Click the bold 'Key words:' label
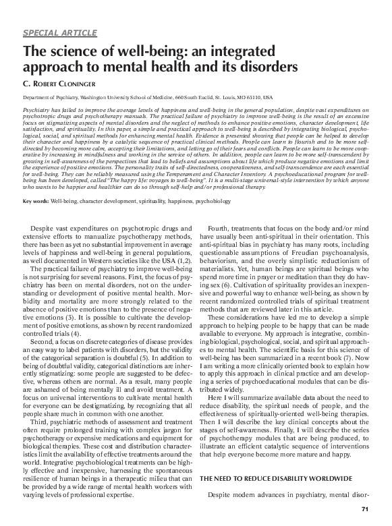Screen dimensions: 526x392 (35, 202)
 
